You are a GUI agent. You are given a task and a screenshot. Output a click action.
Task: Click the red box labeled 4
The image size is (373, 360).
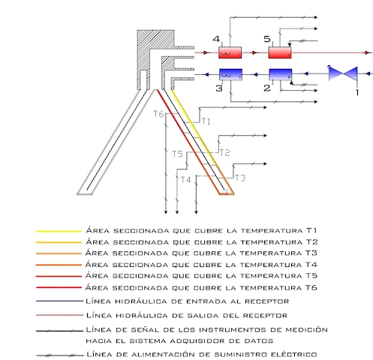click(230, 52)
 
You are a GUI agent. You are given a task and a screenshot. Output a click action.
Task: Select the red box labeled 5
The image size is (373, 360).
click(280, 52)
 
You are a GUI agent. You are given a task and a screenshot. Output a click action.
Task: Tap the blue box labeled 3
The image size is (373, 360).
click(230, 74)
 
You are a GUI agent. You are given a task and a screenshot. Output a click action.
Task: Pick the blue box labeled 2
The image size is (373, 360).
click(281, 74)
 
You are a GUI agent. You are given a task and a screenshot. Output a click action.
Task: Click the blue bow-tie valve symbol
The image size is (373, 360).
click(343, 73)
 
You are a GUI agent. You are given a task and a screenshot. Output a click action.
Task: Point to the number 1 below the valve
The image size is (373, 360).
click(357, 92)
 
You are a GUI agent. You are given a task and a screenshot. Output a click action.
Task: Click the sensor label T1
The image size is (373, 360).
click(206, 121)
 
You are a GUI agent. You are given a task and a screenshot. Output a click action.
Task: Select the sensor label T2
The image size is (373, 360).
click(224, 153)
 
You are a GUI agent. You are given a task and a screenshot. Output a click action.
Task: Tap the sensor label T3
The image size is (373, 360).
click(240, 178)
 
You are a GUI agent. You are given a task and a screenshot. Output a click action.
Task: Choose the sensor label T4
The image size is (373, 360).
click(186, 180)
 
